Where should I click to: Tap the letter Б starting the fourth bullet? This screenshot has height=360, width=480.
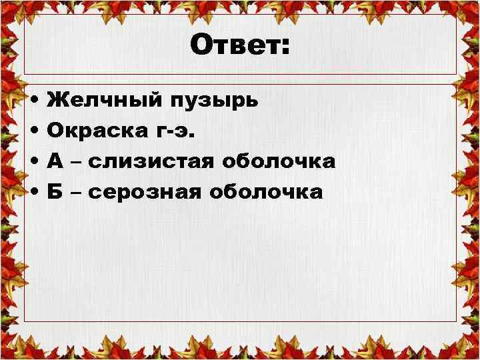pyautogui.click(x=55, y=192)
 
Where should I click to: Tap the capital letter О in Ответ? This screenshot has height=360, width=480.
pyautogui.click(x=201, y=46)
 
